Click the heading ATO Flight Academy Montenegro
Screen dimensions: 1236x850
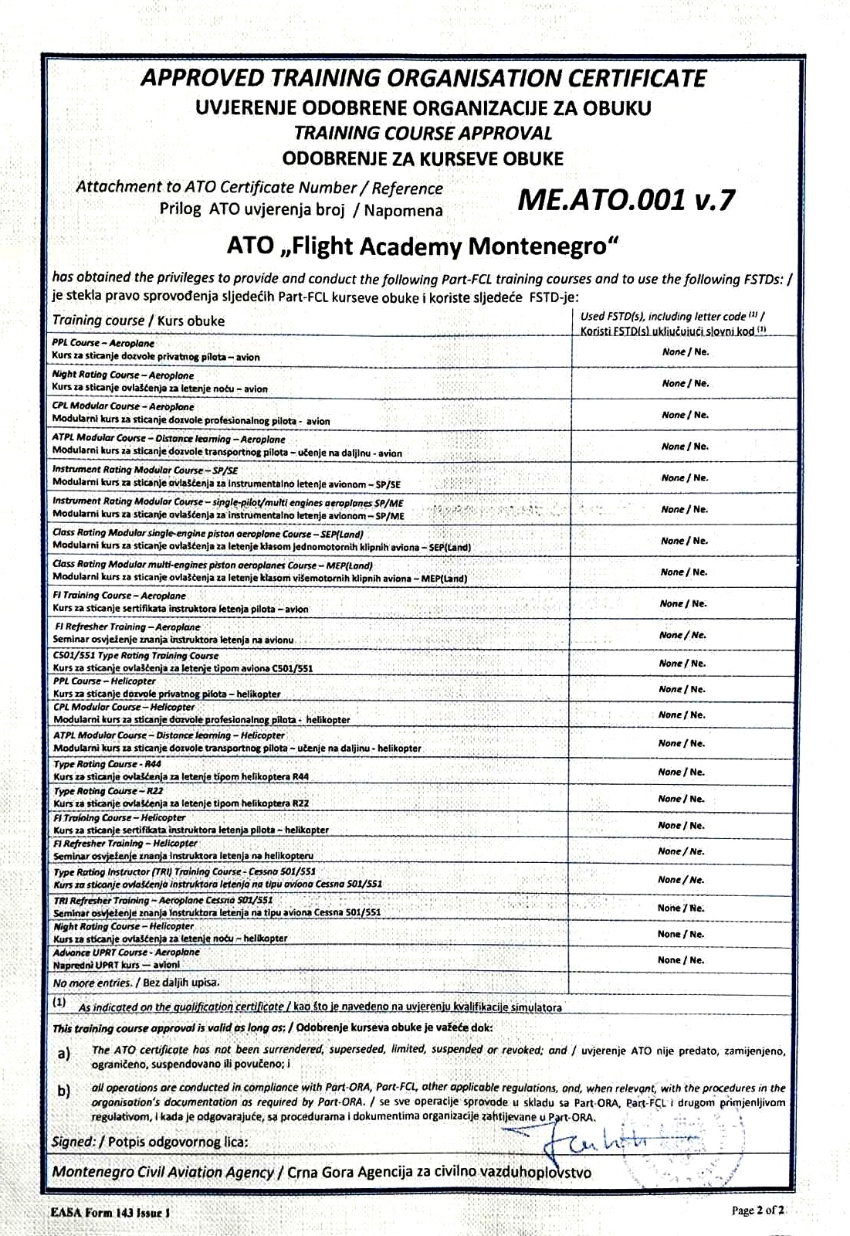424,246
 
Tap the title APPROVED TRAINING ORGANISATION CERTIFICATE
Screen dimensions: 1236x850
424,78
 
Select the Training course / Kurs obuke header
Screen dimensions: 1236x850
138,320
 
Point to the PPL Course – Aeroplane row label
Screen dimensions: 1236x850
103,343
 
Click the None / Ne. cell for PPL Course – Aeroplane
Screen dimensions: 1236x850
685,351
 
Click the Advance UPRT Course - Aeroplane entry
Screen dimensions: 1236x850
126,952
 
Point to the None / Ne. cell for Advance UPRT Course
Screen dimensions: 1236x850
681,960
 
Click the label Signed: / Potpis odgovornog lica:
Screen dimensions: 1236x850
150,1142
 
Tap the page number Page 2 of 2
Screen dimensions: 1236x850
758,1211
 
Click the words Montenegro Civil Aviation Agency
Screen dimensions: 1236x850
163,1172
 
